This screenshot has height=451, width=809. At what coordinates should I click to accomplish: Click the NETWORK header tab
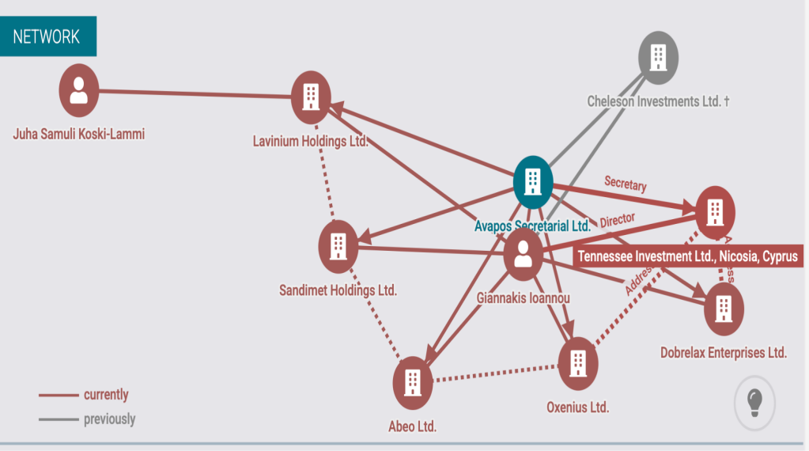[47, 36]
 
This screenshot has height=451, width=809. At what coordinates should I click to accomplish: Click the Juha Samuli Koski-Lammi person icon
[78, 90]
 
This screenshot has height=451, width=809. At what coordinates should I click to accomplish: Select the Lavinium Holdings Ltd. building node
[311, 97]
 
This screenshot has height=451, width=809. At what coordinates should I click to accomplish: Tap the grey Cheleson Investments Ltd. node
[658, 57]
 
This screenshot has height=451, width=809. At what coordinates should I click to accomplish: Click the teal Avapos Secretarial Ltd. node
[533, 181]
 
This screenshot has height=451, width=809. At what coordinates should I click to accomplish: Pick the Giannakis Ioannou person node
[522, 255]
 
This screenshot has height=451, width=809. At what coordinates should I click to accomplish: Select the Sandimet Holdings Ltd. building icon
[338, 246]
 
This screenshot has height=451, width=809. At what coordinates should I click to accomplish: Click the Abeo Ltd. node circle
[412, 383]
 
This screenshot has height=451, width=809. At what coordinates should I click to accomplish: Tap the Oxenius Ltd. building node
[578, 362]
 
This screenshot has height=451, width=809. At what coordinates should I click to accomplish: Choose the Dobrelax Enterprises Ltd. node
[723, 309]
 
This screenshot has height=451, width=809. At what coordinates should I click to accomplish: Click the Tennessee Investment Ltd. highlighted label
[689, 256]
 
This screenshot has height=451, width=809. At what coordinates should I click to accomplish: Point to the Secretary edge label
[625, 184]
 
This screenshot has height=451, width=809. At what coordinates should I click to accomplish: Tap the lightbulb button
[754, 403]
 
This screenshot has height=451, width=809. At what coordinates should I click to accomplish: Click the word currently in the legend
[106, 395]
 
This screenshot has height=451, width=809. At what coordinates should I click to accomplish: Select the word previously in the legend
[109, 419]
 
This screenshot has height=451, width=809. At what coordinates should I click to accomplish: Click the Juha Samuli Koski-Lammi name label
[79, 134]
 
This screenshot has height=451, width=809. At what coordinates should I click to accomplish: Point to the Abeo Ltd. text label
[412, 426]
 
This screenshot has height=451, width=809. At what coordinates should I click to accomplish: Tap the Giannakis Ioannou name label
[523, 298]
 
